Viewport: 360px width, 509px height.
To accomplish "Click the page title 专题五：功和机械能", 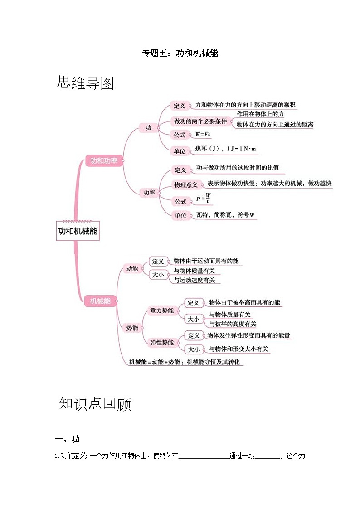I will (x=180, y=53).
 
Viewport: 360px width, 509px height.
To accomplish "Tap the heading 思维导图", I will (x=86, y=83).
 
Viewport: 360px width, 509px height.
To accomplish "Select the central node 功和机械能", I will (x=78, y=231).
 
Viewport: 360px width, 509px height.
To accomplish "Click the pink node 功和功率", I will (x=104, y=160).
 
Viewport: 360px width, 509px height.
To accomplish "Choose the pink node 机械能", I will (x=100, y=301).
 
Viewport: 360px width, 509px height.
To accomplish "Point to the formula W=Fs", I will (x=203, y=135).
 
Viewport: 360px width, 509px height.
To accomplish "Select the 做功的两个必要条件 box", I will (x=200, y=121).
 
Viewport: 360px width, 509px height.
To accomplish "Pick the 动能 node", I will (x=132, y=269).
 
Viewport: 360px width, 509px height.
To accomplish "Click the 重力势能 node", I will (x=161, y=310).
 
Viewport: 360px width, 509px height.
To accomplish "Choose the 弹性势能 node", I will (x=161, y=343).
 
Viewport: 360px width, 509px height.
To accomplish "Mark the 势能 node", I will (x=132, y=328).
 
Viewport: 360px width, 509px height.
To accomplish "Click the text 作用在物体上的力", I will (x=260, y=114).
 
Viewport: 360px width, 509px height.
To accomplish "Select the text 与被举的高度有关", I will (x=233, y=324).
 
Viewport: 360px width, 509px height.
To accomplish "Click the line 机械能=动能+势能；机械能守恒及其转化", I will (x=185, y=362).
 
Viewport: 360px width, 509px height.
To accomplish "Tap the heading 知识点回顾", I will (x=95, y=403).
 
